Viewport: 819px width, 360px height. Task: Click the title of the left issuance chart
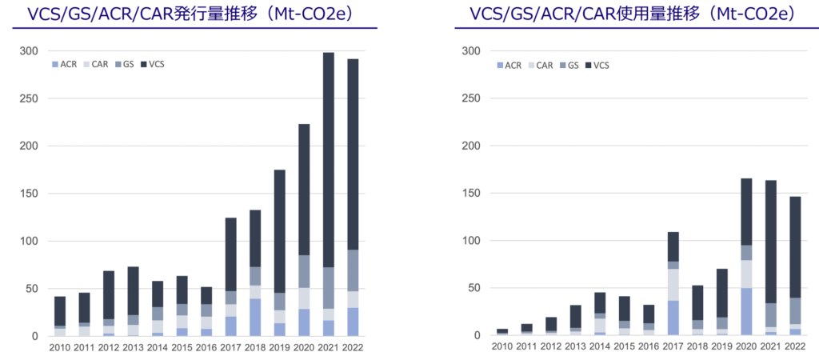pos(191,14)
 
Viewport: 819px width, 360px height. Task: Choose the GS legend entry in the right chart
pos(572,65)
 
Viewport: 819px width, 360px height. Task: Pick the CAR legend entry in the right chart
pos(540,65)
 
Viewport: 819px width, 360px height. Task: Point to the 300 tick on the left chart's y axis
pos(28,51)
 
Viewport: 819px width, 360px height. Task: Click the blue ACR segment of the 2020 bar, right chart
pos(745,312)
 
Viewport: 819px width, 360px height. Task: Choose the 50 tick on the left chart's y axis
pos(30,289)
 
